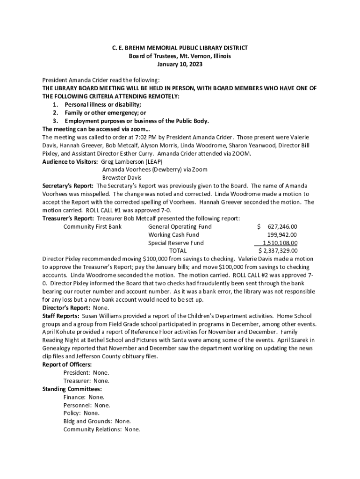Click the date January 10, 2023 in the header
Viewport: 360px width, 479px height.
[x=180, y=64]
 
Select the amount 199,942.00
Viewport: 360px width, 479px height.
[x=282, y=235]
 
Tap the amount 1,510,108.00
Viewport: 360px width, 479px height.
[x=280, y=243]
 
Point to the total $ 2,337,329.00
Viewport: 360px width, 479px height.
[x=278, y=251]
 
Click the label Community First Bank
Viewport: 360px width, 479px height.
[x=93, y=226]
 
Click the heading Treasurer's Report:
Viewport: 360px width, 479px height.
[x=68, y=218]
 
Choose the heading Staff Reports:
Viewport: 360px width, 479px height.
[x=61, y=316]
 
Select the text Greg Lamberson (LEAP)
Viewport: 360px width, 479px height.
[x=132, y=161]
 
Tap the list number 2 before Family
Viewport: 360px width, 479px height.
[x=55, y=113]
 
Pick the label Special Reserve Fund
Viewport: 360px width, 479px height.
[x=176, y=243]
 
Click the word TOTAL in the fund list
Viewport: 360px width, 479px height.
[x=177, y=251]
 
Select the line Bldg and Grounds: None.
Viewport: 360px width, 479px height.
[x=97, y=421]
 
